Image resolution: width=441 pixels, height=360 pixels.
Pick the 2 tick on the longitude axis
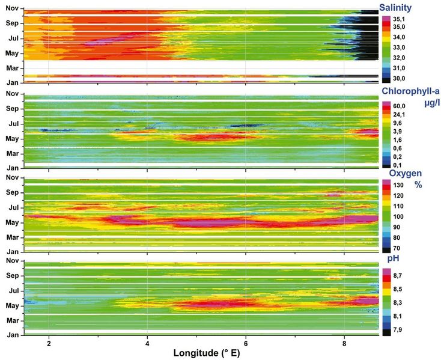49,341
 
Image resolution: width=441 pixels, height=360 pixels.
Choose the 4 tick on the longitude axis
147,341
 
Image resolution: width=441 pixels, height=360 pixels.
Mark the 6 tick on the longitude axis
246,341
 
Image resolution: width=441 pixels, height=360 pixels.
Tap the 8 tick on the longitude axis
344,341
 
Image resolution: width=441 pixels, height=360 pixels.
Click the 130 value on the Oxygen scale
398,186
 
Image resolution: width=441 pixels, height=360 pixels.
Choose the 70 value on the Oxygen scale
398,248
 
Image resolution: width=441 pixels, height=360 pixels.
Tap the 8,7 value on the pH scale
398,274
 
